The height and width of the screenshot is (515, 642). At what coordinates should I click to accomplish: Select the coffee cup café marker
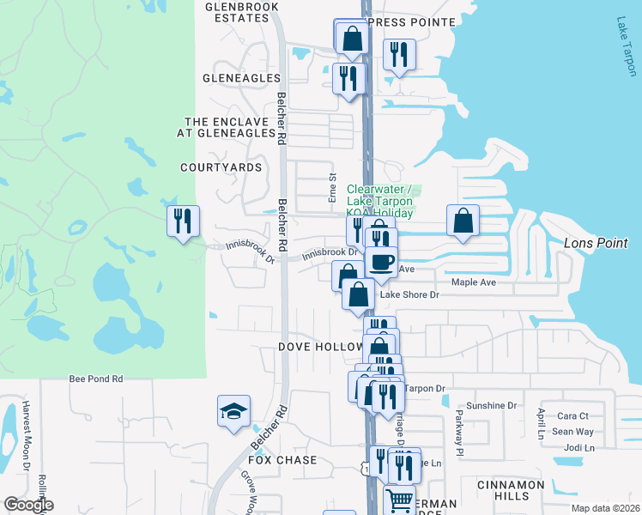381,262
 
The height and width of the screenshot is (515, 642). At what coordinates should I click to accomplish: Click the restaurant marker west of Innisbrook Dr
183,222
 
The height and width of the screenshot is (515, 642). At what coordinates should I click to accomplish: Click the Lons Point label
597,243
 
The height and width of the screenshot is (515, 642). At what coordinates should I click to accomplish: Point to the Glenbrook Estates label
237,11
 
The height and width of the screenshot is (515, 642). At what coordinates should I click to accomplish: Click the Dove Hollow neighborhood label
321,347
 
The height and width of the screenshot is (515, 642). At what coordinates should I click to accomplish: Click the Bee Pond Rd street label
96,379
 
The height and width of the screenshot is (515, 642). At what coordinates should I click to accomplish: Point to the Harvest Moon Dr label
27,437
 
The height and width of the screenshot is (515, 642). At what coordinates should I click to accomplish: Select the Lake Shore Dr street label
409,294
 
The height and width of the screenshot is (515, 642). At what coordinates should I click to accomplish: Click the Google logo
28,505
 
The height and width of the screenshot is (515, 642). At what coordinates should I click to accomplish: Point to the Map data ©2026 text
603,508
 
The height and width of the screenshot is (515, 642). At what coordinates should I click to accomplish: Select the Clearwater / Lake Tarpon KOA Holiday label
380,200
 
